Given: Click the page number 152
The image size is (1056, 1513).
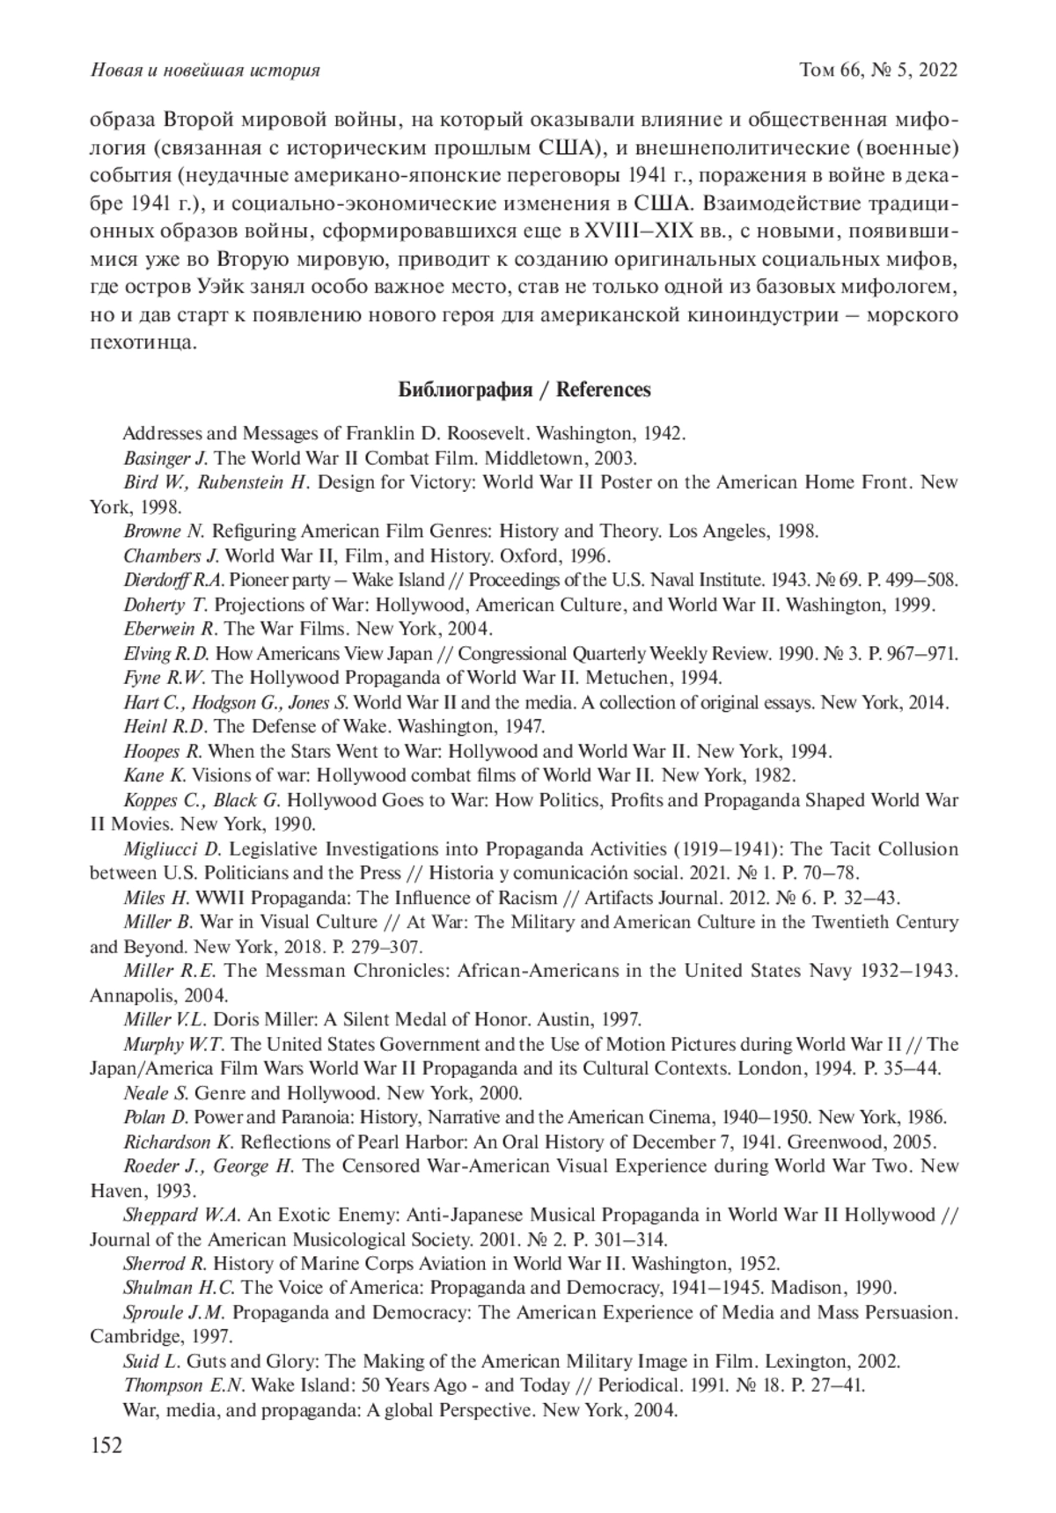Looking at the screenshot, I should [x=106, y=1446].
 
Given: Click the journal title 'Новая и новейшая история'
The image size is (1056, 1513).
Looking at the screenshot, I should [x=204, y=70].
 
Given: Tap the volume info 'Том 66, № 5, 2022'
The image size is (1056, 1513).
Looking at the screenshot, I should [x=877, y=70].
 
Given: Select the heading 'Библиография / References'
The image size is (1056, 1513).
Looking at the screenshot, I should [x=524, y=390].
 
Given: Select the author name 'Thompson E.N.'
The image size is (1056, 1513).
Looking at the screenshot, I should [x=184, y=1384].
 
